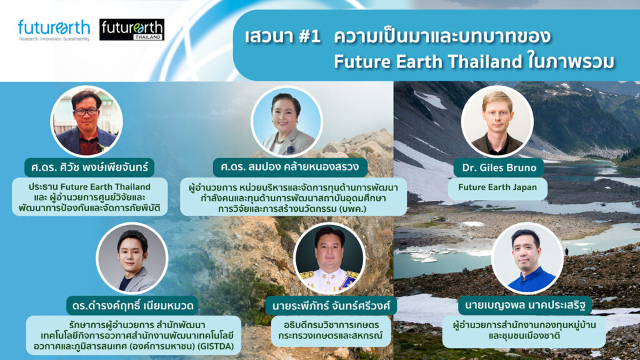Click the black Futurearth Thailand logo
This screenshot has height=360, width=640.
point(132,29)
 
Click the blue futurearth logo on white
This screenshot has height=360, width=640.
point(54,30)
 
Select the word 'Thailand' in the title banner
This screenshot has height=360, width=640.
point(485,62)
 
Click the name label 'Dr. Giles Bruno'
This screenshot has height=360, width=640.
point(499,167)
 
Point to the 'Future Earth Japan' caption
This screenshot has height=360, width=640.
point(497,187)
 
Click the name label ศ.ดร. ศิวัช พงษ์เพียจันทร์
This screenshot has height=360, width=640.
point(89,167)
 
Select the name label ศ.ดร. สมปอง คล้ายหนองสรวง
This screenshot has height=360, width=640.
point(290,167)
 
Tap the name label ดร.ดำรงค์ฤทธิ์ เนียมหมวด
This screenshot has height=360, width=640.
point(132,305)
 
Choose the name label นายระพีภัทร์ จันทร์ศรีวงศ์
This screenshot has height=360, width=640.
point(331,305)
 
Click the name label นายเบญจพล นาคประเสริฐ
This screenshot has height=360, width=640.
point(525,305)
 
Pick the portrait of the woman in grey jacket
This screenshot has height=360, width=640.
point(287,121)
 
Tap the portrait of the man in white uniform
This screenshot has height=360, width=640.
point(329,258)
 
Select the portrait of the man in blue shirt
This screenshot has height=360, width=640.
point(527,258)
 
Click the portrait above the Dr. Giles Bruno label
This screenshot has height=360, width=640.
point(497,121)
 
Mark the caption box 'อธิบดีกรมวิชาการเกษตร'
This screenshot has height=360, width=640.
point(331,330)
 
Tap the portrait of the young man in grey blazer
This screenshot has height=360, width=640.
point(132,258)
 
